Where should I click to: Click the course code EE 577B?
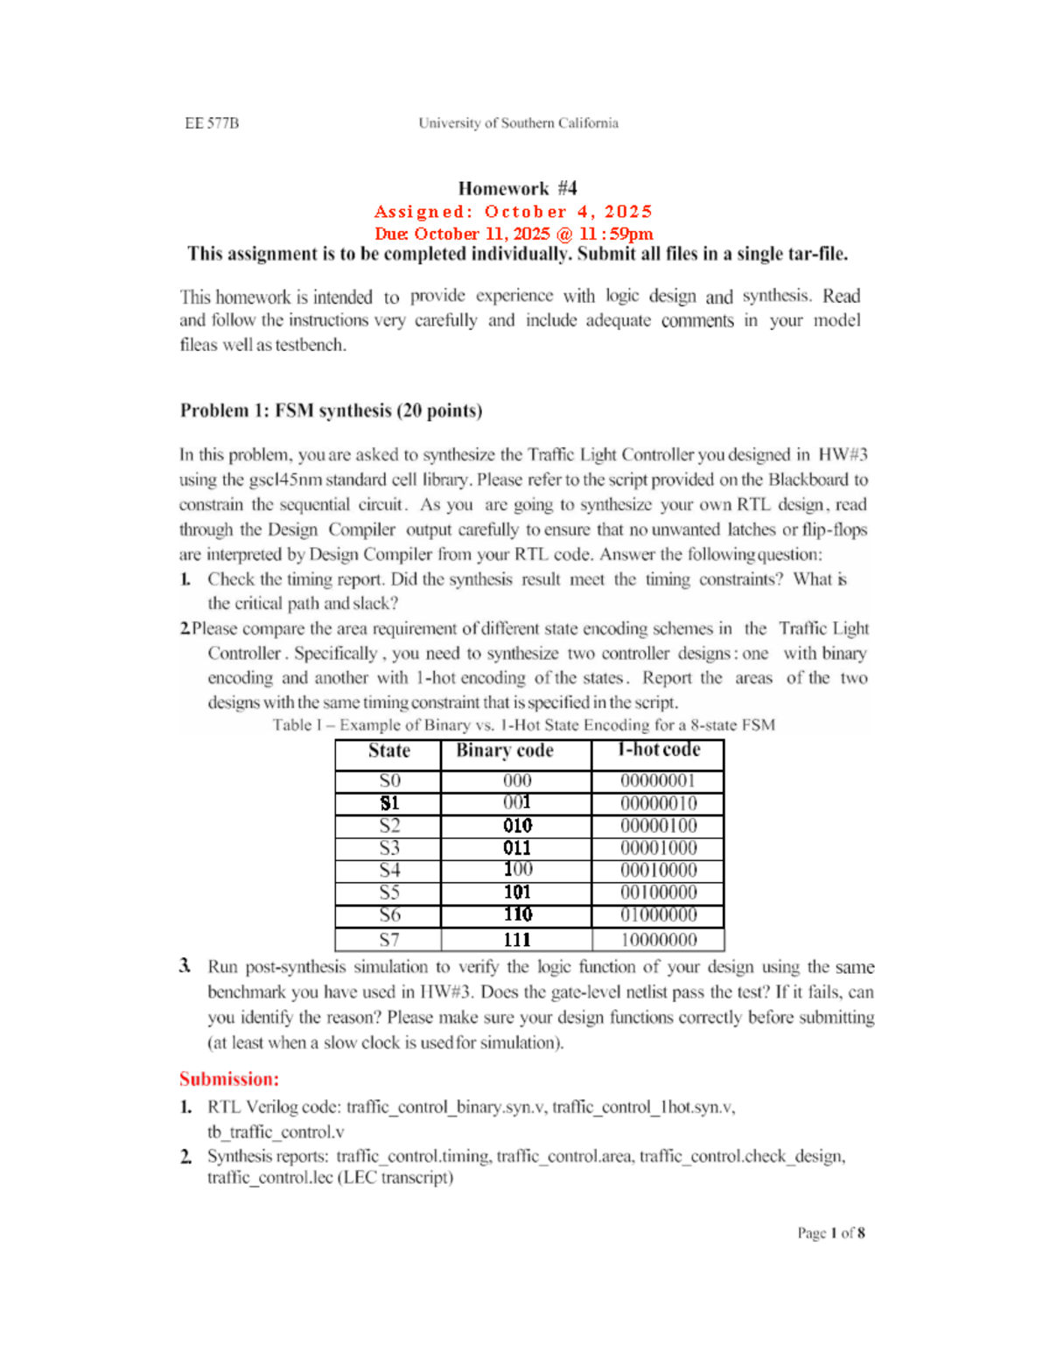212,123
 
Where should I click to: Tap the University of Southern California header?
518,123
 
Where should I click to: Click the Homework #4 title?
517,188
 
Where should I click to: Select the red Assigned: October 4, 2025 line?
514,212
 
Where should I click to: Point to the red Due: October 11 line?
514,234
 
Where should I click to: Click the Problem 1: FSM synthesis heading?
331,410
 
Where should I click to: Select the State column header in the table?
388,751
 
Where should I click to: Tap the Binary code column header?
505,751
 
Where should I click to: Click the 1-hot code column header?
658,750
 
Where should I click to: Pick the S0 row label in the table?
389,781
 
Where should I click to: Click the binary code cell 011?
517,848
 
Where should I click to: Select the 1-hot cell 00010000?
658,871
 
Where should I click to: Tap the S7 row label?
389,940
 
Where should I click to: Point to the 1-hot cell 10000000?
658,940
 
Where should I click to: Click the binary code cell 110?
517,914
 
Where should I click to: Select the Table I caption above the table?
523,725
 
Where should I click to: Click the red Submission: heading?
229,1079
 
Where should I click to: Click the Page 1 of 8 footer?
830,1233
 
